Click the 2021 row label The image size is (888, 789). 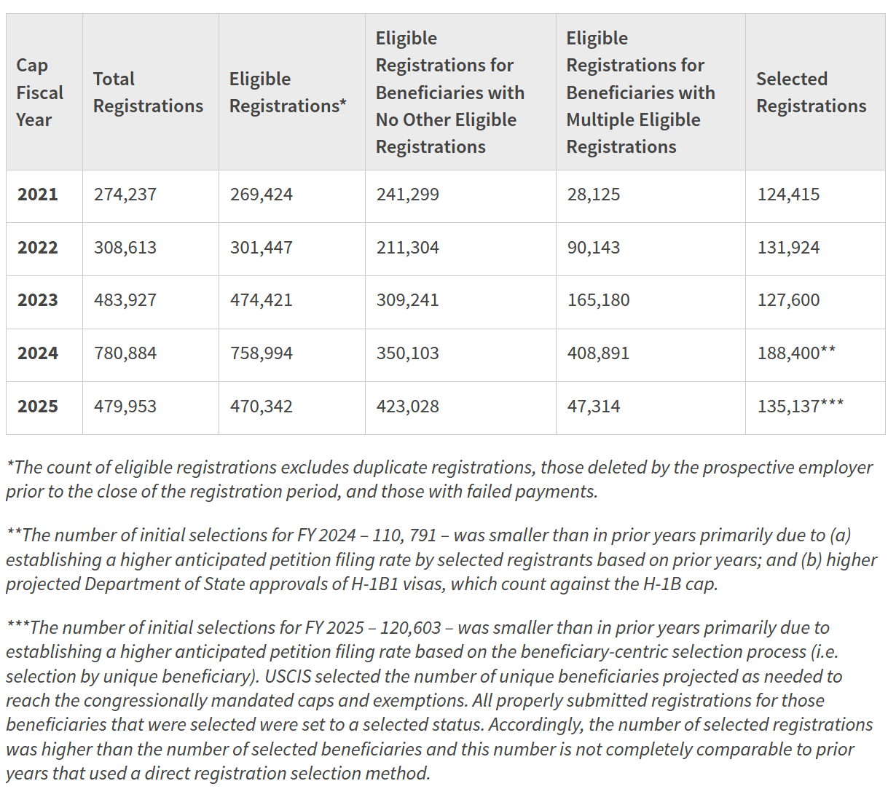(38, 195)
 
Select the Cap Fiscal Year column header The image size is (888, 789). (39, 93)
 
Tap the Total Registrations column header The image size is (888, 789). (148, 93)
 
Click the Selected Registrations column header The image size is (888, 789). (811, 93)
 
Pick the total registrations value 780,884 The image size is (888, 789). (125, 353)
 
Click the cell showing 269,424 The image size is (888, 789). (261, 195)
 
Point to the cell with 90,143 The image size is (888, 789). (594, 248)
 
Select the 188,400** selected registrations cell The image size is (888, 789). (796, 353)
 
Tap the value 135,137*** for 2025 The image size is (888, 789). (801, 407)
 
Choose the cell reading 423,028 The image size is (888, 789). (407, 407)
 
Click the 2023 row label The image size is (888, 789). (38, 300)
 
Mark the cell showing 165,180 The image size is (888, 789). (598, 300)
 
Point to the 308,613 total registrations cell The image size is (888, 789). (125, 248)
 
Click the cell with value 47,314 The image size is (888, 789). (594, 407)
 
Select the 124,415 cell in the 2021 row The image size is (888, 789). (788, 195)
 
